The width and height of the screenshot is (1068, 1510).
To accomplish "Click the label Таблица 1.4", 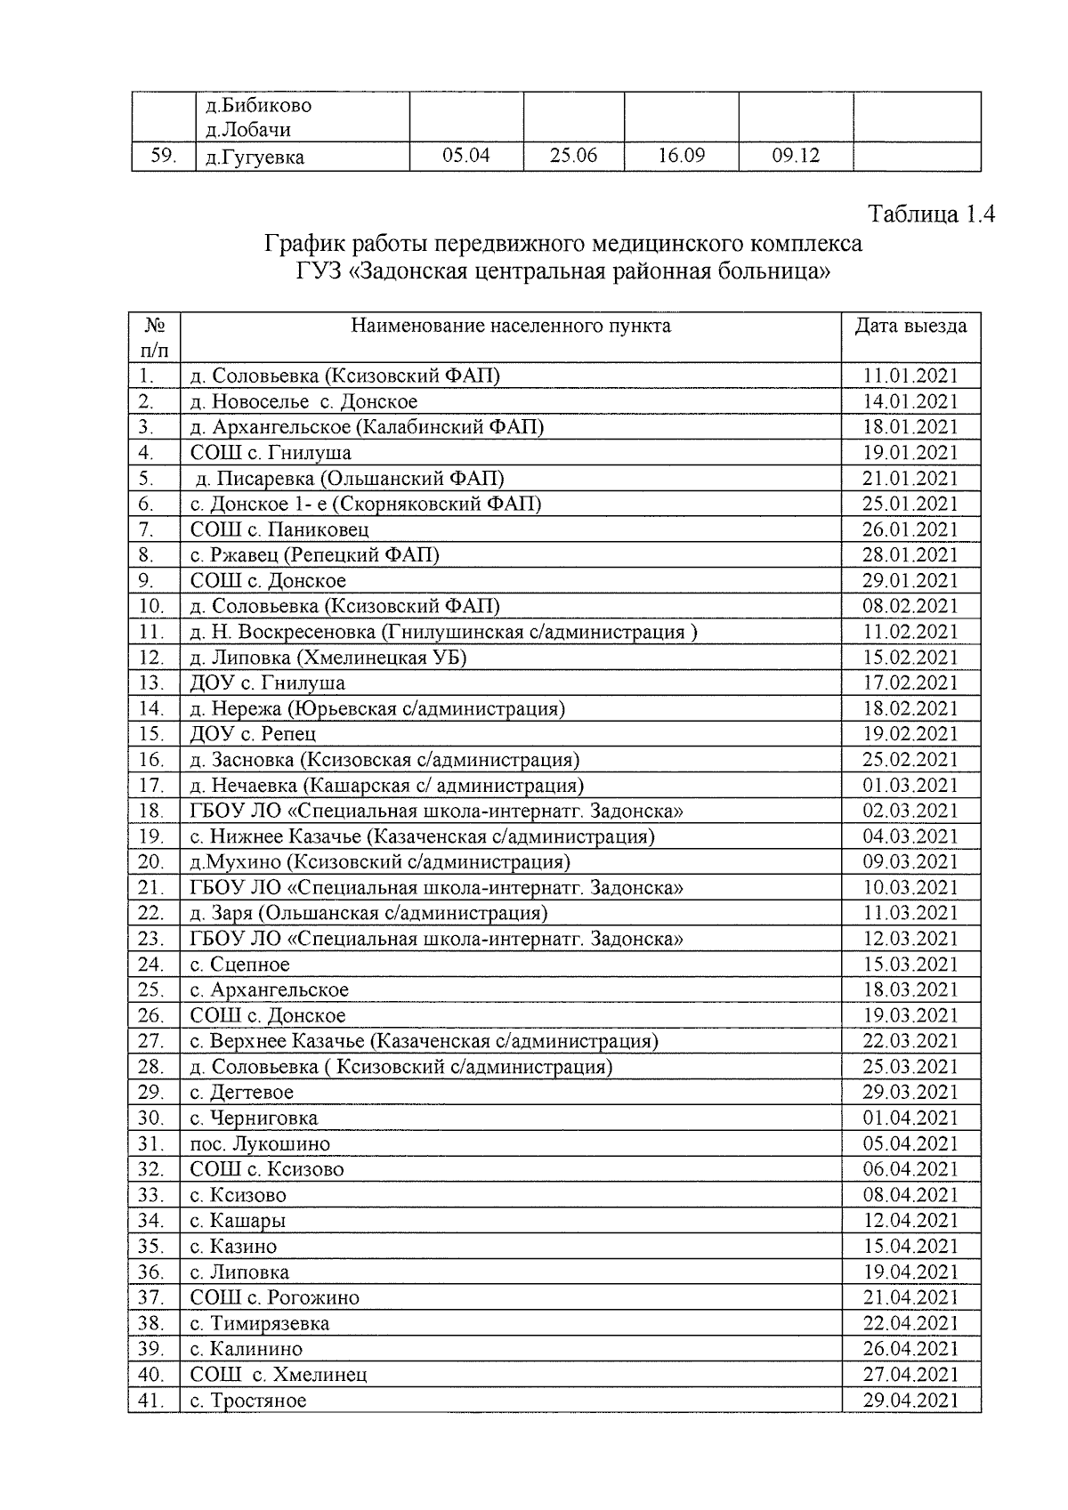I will point(931,214).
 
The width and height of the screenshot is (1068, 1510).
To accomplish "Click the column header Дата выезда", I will point(910,326).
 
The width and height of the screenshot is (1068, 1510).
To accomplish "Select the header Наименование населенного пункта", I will point(511,326).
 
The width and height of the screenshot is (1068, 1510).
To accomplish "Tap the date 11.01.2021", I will point(910,375).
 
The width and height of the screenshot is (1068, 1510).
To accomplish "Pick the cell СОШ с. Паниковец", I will point(279,529).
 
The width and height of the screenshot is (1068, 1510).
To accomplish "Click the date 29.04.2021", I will point(910,1401).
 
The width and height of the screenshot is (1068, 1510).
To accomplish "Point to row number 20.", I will point(152,861).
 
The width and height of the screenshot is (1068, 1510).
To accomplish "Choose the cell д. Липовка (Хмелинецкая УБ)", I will point(328,658).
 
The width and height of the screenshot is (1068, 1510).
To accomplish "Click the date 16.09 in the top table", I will point(681,156).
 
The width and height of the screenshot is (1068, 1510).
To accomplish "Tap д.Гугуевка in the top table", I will point(255,157).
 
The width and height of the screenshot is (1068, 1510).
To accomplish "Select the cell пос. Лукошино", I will point(260,1144).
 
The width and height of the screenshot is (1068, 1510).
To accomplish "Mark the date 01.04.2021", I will point(910,1118).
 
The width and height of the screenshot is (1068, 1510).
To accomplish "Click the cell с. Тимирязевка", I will point(260,1323).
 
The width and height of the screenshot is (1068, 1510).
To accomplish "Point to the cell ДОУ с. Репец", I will point(253,734).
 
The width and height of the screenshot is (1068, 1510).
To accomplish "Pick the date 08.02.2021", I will point(910,606).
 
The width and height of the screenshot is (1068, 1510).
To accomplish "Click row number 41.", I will point(152,1401).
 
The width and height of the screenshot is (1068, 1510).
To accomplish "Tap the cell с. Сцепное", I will point(240,965).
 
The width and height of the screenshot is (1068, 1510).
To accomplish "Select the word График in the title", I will point(303,244).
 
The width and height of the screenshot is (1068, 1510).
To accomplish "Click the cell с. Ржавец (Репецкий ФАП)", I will point(315,555).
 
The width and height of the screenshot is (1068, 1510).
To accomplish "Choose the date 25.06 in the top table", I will point(573,156).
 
